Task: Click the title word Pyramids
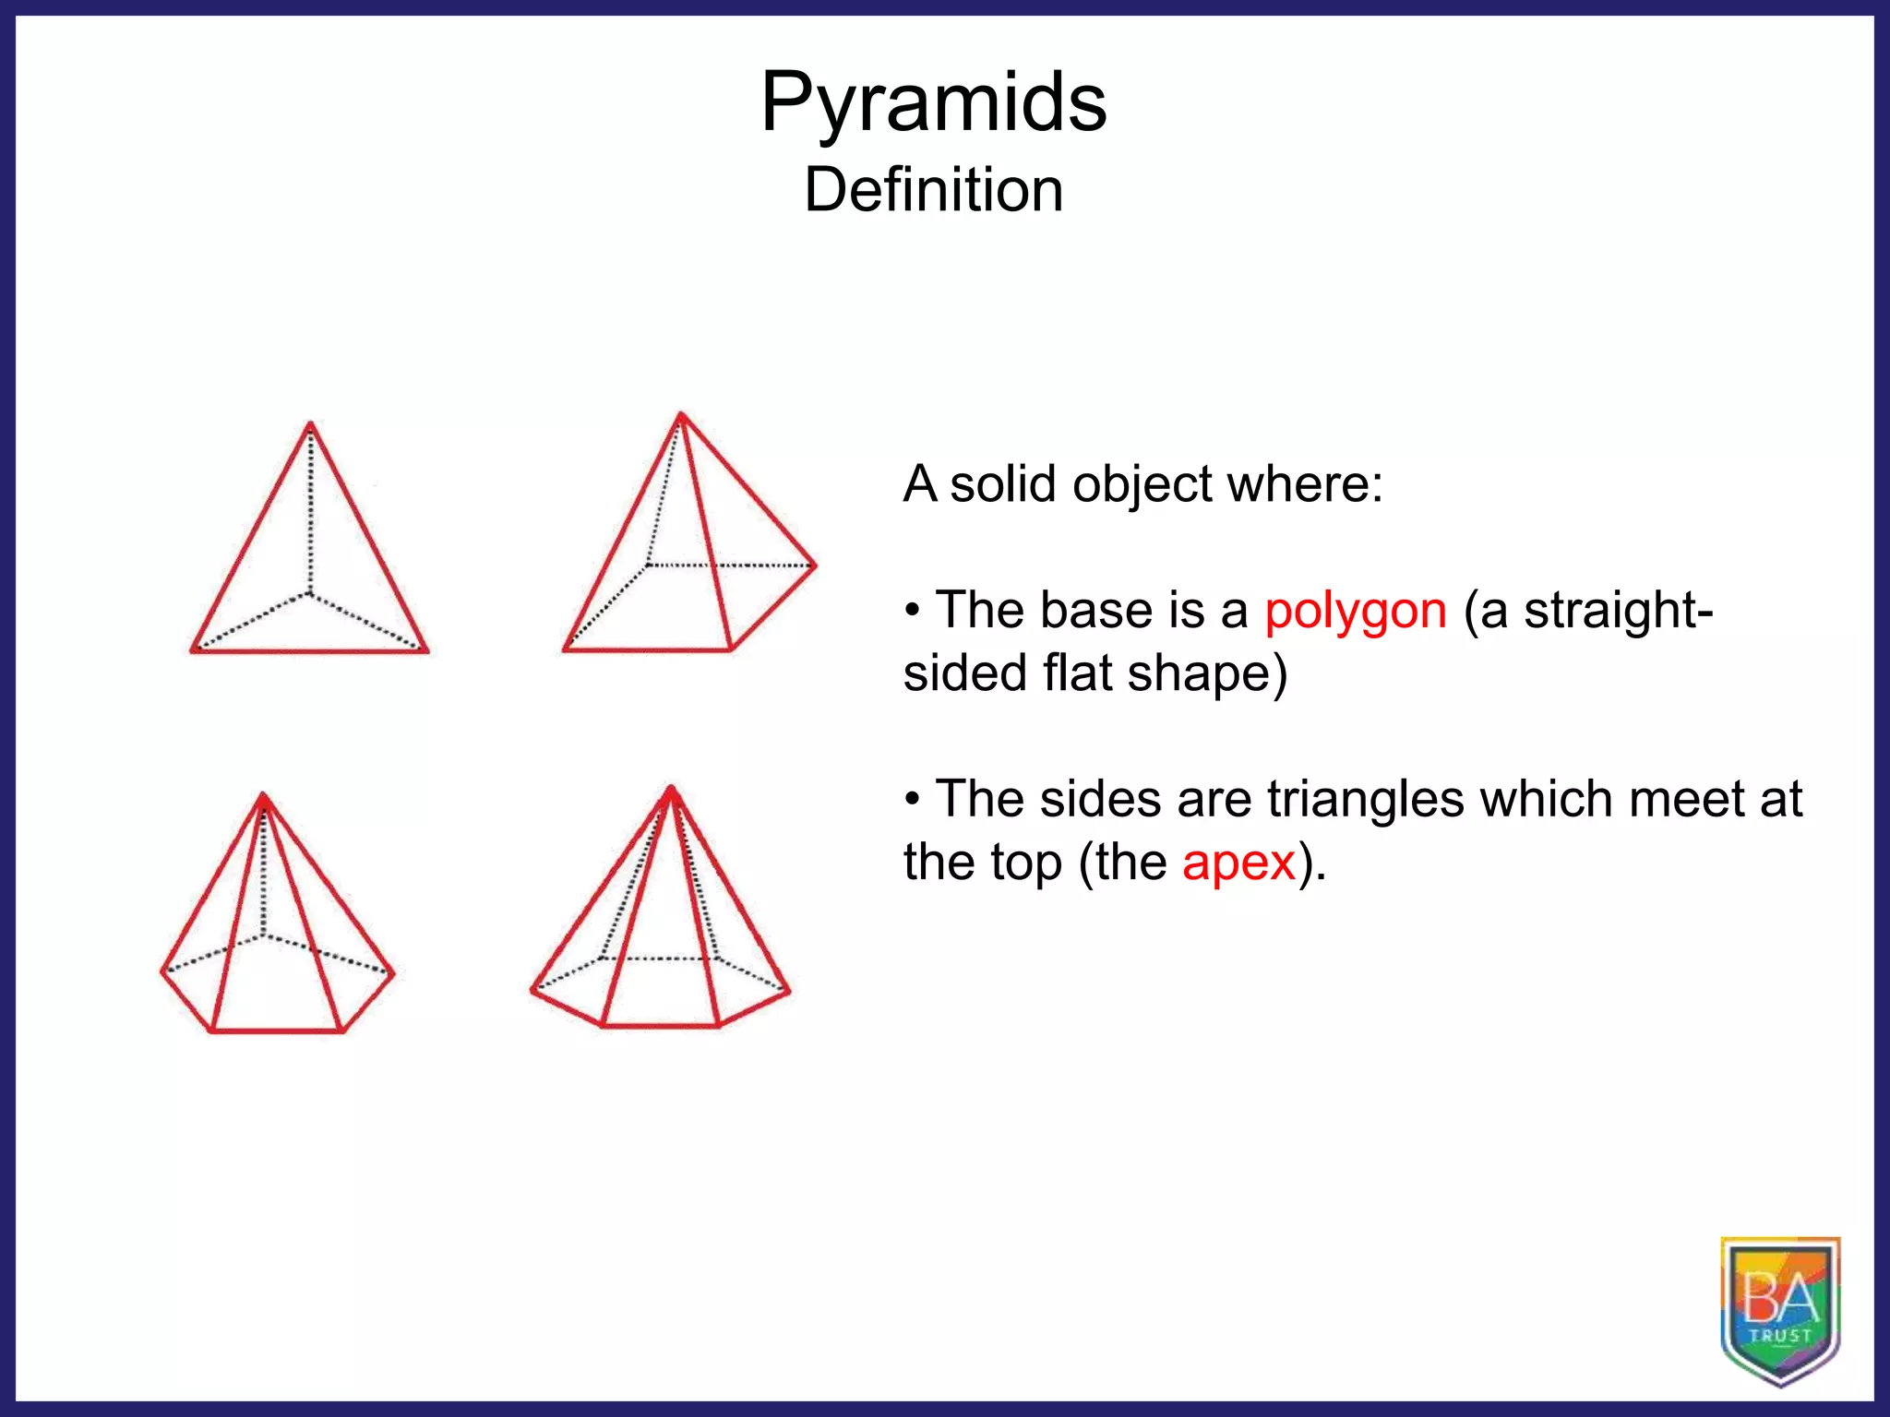coord(933,103)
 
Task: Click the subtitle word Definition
coord(933,190)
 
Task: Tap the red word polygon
coord(1355,612)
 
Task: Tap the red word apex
coord(1238,863)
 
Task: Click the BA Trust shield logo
coord(1780,1310)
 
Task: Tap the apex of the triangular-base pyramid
coord(310,424)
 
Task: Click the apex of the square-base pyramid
coord(681,414)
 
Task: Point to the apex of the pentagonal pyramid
coord(264,795)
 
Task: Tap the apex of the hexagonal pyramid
coord(671,789)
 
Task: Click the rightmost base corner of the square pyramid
coord(815,566)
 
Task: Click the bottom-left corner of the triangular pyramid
coord(193,651)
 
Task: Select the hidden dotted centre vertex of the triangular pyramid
coord(309,593)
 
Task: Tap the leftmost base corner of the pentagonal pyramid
coord(162,970)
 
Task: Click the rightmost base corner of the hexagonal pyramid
coord(789,992)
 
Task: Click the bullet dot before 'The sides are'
coord(912,799)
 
